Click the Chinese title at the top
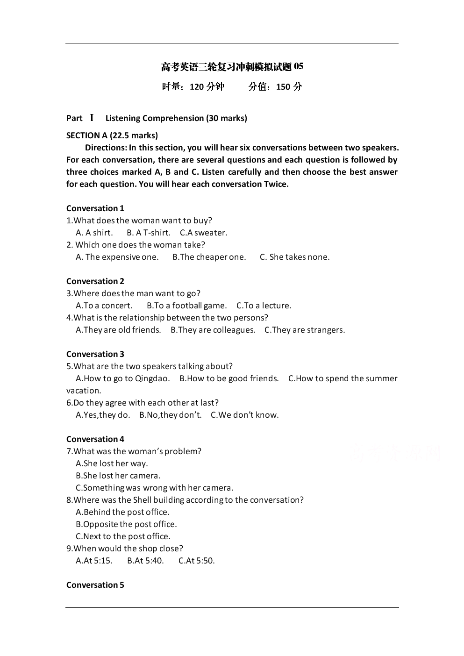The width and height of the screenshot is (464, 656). click(x=232, y=67)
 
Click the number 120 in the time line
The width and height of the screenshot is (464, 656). click(x=197, y=86)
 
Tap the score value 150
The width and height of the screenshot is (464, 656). click(x=283, y=86)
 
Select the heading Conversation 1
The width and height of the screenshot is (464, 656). click(x=95, y=208)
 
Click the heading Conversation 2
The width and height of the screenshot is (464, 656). click(x=95, y=281)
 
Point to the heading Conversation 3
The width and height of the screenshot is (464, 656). click(x=95, y=354)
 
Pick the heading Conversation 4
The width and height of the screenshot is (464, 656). click(x=95, y=439)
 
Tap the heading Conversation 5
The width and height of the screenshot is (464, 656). click(x=95, y=585)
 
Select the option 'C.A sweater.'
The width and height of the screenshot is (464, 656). click(x=203, y=233)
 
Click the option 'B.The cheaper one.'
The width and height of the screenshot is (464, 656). click(x=209, y=257)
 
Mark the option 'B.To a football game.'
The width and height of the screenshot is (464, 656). click(x=186, y=306)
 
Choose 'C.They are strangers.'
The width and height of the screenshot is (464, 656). click(x=305, y=330)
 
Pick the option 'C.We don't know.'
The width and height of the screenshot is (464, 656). click(x=244, y=415)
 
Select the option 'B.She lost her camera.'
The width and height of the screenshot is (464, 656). click(x=118, y=476)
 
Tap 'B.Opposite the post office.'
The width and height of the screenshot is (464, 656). click(x=126, y=524)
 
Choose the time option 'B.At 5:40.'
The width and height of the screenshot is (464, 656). click(x=145, y=561)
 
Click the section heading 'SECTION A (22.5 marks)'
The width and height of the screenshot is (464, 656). click(x=112, y=135)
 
